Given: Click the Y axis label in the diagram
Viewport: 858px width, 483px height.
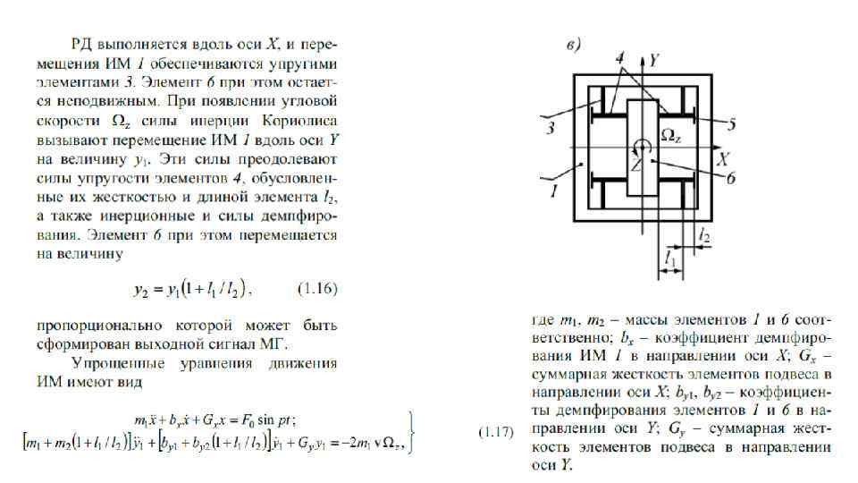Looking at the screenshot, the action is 654,61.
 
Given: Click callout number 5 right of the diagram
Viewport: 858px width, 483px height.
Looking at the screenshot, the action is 730,124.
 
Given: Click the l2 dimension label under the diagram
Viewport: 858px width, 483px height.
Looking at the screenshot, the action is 704,235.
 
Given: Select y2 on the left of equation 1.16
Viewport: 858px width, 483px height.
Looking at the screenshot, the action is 142,289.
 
